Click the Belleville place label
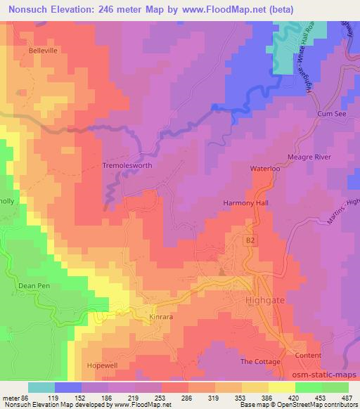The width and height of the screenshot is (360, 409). click(42, 51)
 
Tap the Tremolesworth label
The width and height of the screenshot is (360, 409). click(127, 166)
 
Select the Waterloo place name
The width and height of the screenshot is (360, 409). click(266, 169)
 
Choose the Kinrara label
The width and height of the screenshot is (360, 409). click(161, 317)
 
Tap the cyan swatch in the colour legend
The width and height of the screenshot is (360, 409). click(41, 387)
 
